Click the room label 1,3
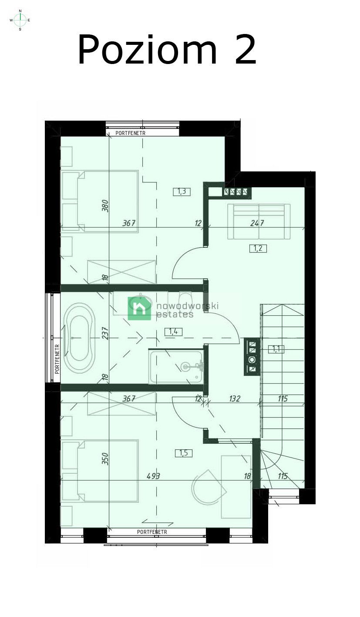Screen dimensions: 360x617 [182, 192]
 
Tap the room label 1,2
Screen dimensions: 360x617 [258, 249]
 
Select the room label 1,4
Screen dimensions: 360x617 [173, 332]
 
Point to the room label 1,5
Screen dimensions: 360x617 [184, 453]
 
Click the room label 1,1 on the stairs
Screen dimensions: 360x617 [276, 349]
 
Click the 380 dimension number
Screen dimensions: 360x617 [105, 206]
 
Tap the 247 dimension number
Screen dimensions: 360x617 [257, 223]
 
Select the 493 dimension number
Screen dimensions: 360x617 [153, 476]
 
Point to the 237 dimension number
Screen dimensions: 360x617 [105, 333]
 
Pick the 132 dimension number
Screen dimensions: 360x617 [234, 398]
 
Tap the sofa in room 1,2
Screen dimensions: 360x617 [259, 222]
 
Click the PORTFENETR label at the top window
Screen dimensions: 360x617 [130, 133]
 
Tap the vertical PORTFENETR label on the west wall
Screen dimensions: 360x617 [57, 359]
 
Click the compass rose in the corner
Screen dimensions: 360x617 [20, 20]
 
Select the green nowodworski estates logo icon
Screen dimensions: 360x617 [139, 308]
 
